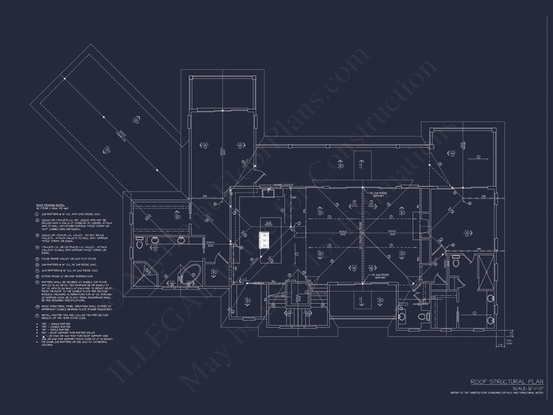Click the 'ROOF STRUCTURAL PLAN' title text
[507, 382]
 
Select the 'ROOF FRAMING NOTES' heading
[50, 205]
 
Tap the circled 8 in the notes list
[37, 276]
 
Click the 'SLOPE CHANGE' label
[283, 185]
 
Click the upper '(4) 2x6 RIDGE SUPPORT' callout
[378, 194]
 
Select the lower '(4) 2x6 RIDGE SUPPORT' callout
[380, 276]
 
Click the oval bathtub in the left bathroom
[191, 275]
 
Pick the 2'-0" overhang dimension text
[500, 345]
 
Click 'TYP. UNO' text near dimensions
[509, 342]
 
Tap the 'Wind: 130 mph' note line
[52, 208]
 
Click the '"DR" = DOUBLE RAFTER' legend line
[56, 327]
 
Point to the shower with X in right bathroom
[486, 272]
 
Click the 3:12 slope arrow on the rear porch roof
[340, 164]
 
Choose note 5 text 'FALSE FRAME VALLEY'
[69, 259]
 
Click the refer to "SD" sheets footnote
[497, 393]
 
